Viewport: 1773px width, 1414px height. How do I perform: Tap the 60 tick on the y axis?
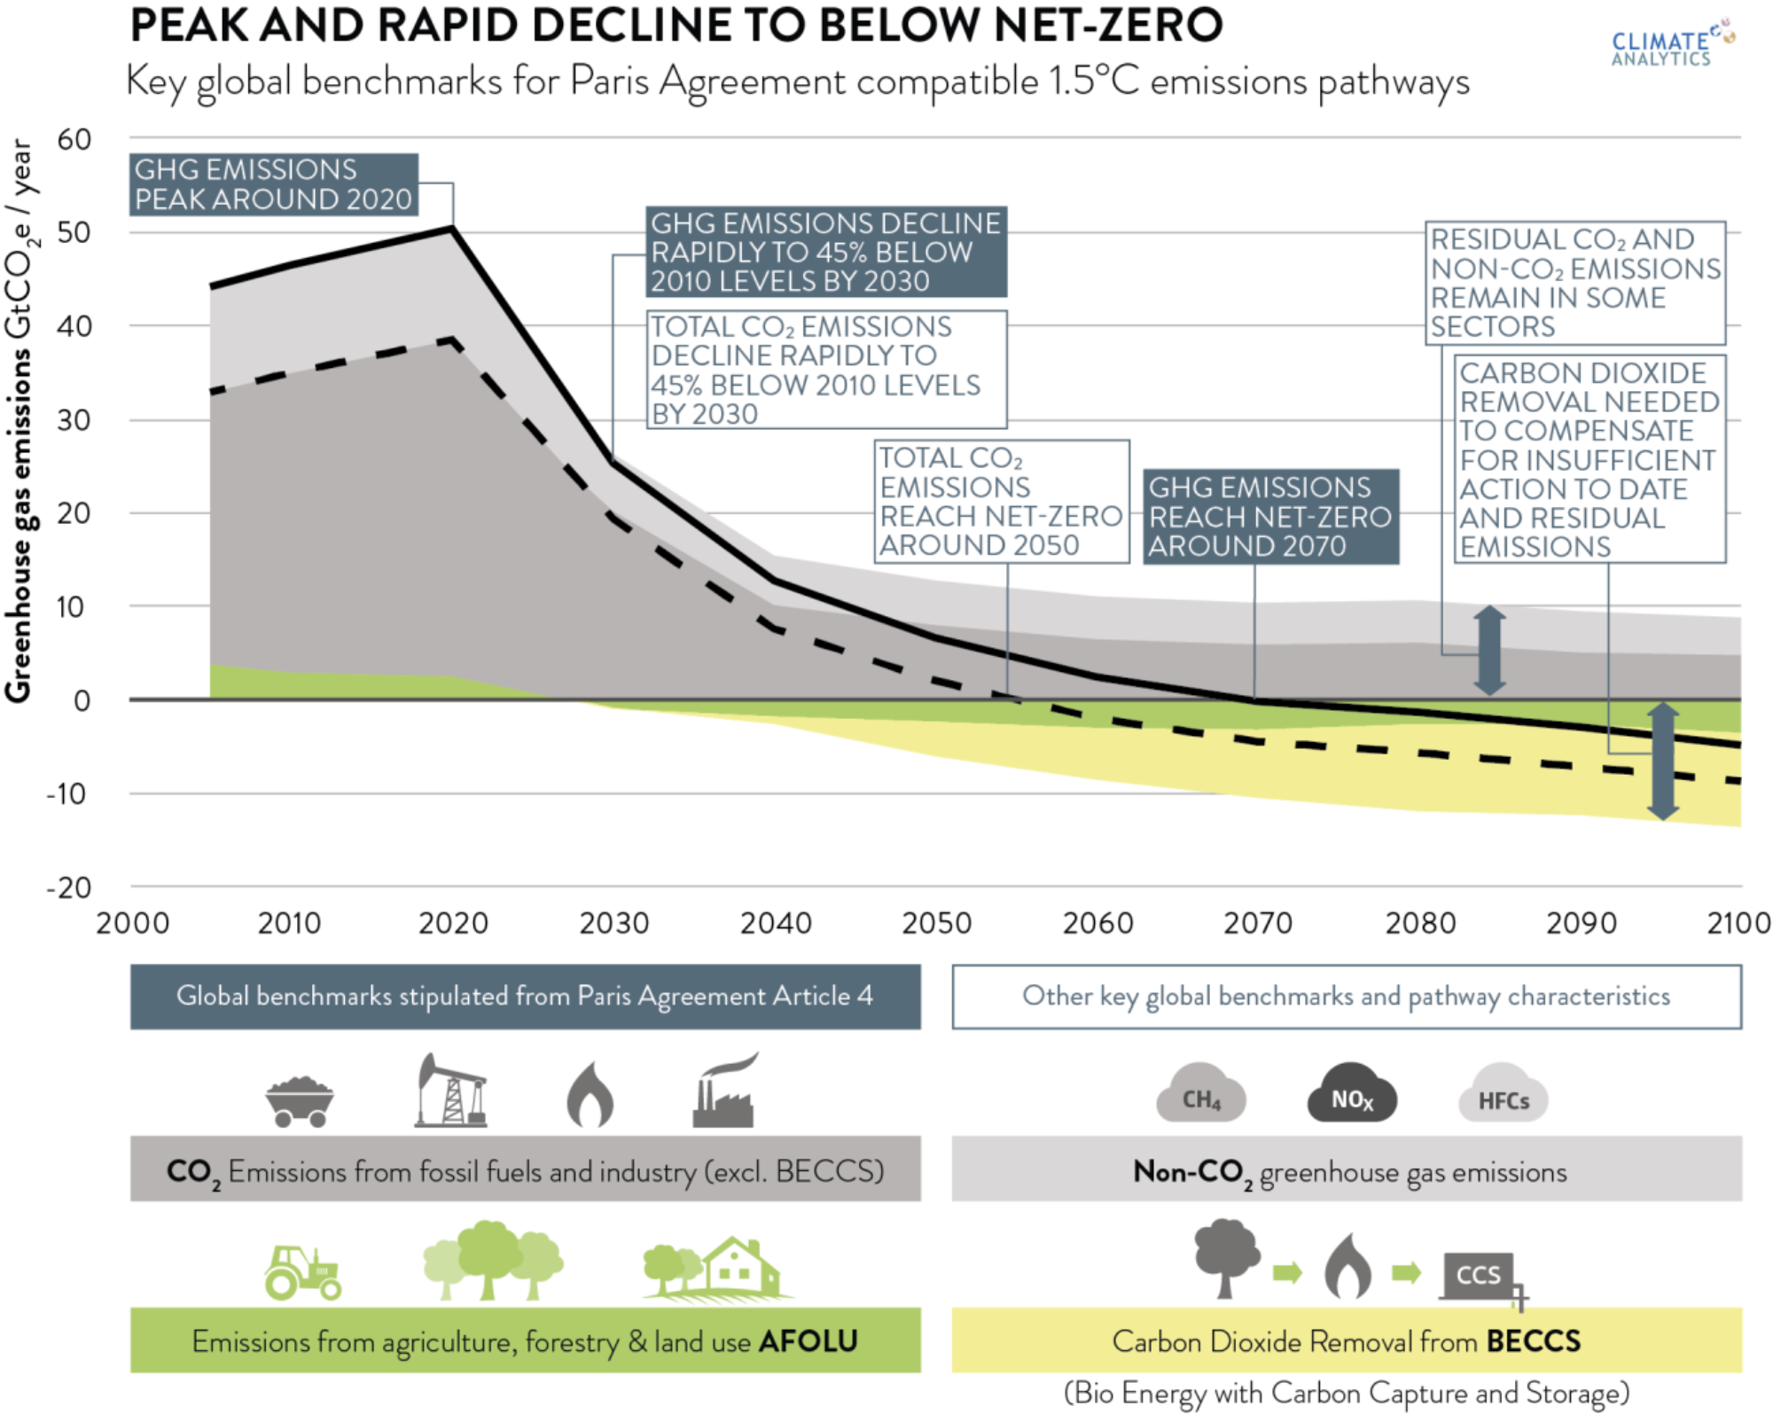[x=74, y=139]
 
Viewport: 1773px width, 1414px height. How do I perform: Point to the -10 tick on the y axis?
[x=67, y=793]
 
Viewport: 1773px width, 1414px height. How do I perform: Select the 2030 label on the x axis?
[x=613, y=924]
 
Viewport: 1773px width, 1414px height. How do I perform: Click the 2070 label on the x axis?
[x=1258, y=924]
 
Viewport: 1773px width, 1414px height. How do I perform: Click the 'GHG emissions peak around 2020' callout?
[x=274, y=184]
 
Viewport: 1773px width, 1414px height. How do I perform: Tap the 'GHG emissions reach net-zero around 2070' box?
[x=1270, y=517]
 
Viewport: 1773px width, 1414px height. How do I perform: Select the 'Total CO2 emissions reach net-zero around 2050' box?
[x=1001, y=502]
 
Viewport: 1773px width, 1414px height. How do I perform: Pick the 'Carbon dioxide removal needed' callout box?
[x=1589, y=459]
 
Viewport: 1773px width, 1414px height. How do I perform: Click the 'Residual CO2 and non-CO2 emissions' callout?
[x=1575, y=283]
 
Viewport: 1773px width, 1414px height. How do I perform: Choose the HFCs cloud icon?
[x=1504, y=1098]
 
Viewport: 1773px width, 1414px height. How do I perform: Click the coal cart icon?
[x=300, y=1102]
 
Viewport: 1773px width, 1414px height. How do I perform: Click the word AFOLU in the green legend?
[x=808, y=1341]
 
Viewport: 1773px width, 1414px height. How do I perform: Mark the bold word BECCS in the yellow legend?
[x=1533, y=1341]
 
